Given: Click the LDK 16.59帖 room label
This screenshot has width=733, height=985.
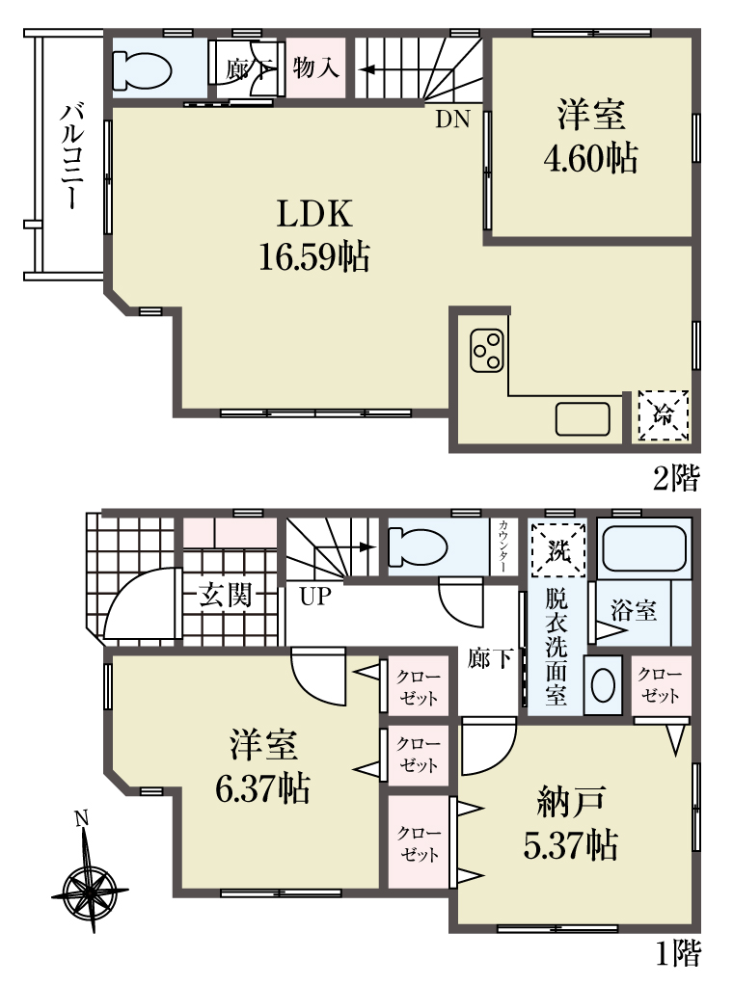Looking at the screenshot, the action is pos(314,235).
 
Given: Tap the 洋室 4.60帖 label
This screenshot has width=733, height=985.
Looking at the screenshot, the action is pos(590,136).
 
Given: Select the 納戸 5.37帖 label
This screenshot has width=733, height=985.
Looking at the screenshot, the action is pos(570,822).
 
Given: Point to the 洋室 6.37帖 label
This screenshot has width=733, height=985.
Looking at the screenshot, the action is pos(262,766).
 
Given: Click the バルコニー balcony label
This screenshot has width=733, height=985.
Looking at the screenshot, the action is pos(69,156).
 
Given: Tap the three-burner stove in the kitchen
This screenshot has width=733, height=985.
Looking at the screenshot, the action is pos(486,351).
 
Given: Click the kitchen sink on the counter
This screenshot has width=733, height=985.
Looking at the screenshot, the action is pos(583,419).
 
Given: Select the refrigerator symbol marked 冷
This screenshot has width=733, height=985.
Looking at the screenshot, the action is pos(664,414).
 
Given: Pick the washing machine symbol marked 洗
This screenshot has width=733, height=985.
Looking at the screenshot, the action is pos(557,550).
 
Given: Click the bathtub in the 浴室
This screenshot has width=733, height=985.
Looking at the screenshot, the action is pos(643,547).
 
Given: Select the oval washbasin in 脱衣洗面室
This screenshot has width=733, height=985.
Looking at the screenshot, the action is pos(603,684).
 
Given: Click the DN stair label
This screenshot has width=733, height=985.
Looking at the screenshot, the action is pos(452,120).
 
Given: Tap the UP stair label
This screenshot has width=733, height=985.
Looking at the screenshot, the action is pos(315,596).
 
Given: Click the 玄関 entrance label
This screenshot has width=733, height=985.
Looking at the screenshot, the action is pos(226,595).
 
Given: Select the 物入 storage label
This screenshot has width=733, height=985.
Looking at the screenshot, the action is pos(315,67).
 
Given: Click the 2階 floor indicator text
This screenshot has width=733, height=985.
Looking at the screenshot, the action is pos(676,479).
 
